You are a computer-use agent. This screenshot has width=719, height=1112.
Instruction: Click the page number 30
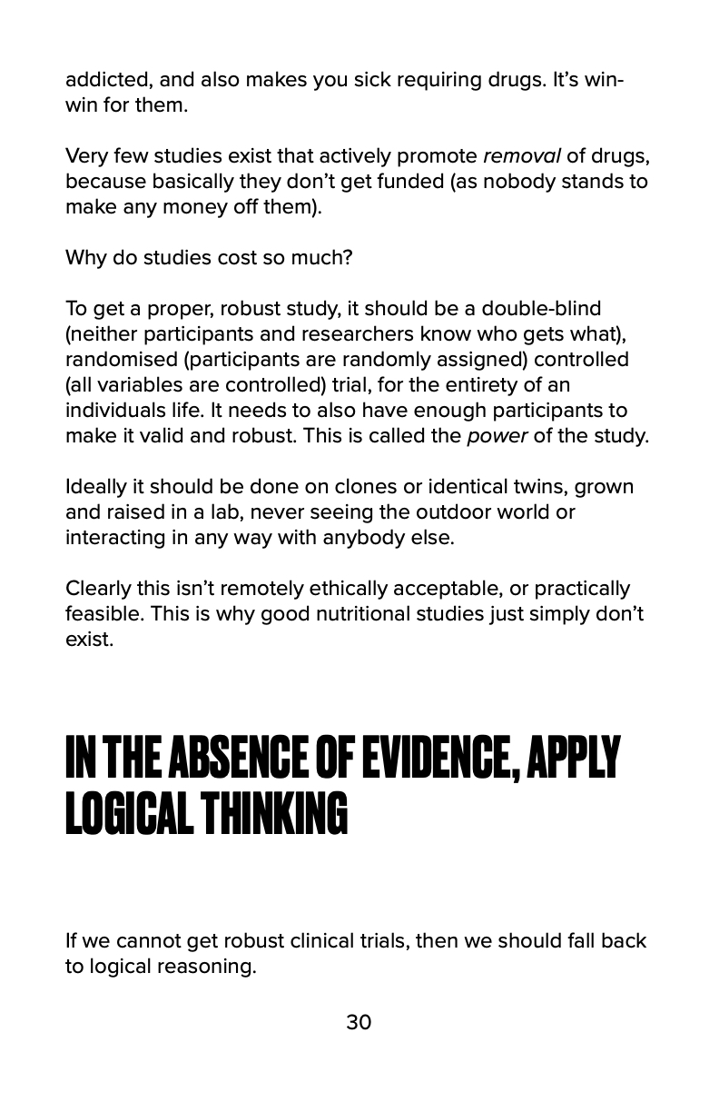pyautogui.click(x=359, y=1022)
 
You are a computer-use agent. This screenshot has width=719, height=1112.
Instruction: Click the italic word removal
pyautogui.click(x=522, y=156)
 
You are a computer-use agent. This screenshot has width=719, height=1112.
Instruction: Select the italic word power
pyautogui.click(x=497, y=435)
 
